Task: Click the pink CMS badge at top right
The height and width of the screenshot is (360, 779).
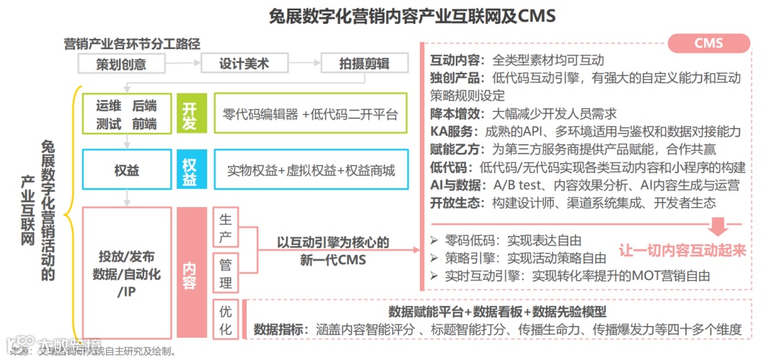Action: click(708, 43)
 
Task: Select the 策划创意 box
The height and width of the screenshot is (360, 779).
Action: click(121, 63)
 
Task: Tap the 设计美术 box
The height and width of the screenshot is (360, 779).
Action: click(244, 63)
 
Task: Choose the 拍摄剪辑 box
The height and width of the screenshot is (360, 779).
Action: click(364, 63)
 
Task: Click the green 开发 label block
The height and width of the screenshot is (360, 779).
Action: click(189, 115)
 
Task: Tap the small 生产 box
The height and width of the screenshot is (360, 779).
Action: click(226, 228)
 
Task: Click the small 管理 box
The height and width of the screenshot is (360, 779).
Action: click(226, 273)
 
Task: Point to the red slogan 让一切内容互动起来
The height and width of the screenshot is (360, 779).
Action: click(682, 251)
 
